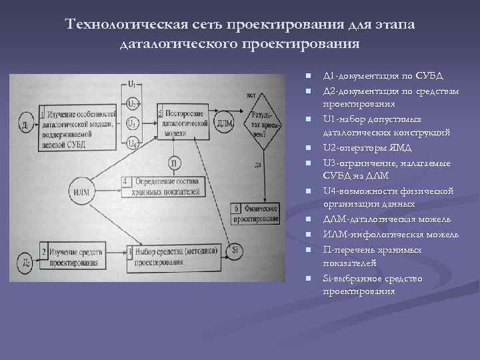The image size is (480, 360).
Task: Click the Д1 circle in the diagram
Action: (25, 124)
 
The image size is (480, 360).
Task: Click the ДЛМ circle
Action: (225, 122)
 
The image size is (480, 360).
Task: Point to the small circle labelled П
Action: (173, 163)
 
